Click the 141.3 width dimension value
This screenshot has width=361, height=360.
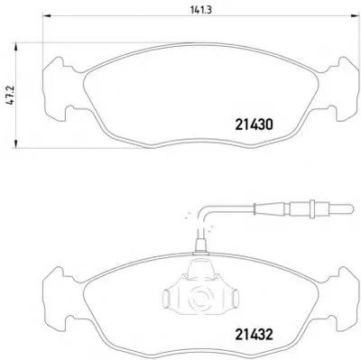point(201,10)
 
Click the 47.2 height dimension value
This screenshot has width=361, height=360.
point(11,96)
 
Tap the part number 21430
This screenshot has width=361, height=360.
point(254,125)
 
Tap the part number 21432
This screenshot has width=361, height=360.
point(254,334)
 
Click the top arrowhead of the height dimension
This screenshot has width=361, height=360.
point(16,48)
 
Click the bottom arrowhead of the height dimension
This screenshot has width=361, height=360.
point(16,143)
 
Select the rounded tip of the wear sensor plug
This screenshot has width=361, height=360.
point(350,208)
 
